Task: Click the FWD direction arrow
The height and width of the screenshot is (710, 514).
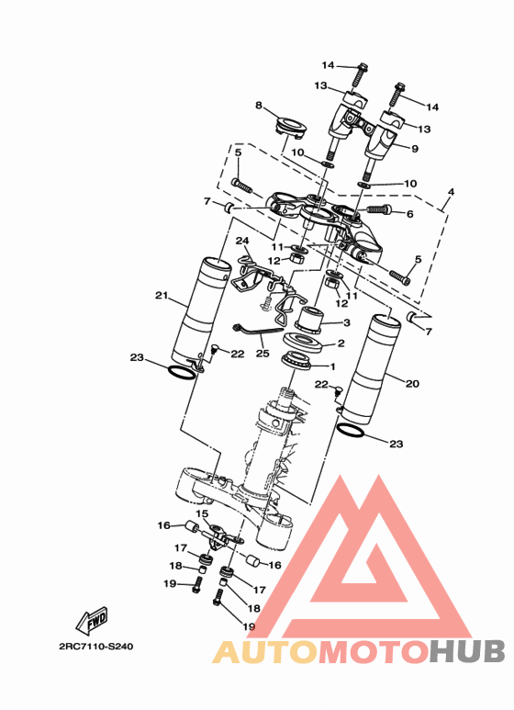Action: click(x=93, y=620)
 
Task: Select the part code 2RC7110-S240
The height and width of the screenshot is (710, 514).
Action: click(x=96, y=646)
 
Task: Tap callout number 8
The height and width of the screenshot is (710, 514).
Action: click(x=258, y=106)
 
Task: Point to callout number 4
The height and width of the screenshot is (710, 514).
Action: click(x=451, y=192)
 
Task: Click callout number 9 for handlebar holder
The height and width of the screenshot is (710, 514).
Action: click(x=415, y=149)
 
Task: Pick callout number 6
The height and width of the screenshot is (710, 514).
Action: click(x=410, y=214)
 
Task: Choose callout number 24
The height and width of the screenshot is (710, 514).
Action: click(x=242, y=241)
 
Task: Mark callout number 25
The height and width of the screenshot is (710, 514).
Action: click(x=263, y=353)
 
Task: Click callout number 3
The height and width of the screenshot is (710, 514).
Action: click(x=347, y=322)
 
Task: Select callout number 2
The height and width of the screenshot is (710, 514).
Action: click(x=341, y=344)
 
